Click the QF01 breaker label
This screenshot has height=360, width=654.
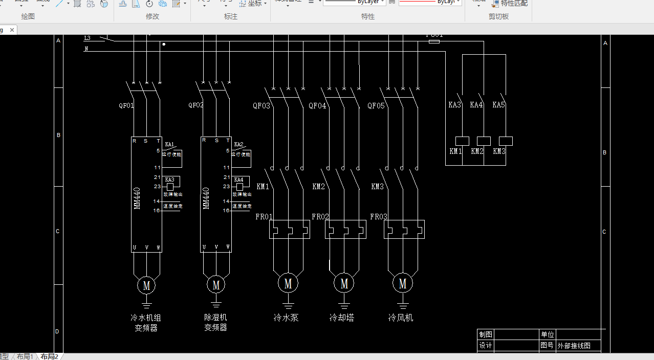click(126, 106)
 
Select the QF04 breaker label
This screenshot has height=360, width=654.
click(317, 106)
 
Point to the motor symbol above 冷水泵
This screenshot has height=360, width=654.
click(288, 283)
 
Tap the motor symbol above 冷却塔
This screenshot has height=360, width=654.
click(344, 283)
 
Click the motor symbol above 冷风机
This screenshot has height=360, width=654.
click(403, 283)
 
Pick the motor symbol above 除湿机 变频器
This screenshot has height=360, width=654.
click(215, 284)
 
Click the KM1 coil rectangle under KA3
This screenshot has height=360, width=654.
click(462, 141)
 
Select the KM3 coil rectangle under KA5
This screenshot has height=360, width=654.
click(506, 141)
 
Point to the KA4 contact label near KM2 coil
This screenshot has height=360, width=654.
click(476, 105)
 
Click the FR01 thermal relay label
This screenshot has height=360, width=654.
click(264, 217)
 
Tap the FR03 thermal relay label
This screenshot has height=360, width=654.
click(379, 217)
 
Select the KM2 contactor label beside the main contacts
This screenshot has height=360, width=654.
click(318, 187)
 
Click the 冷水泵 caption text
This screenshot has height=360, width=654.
click(286, 318)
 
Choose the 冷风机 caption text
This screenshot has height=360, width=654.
click(401, 318)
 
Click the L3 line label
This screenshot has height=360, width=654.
click(88, 38)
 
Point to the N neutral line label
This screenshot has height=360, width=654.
click(86, 49)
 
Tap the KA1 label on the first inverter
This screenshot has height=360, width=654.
click(169, 144)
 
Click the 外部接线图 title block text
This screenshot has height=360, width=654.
click(574, 346)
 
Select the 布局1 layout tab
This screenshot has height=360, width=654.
click(25, 356)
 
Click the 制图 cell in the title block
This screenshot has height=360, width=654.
click(485, 334)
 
